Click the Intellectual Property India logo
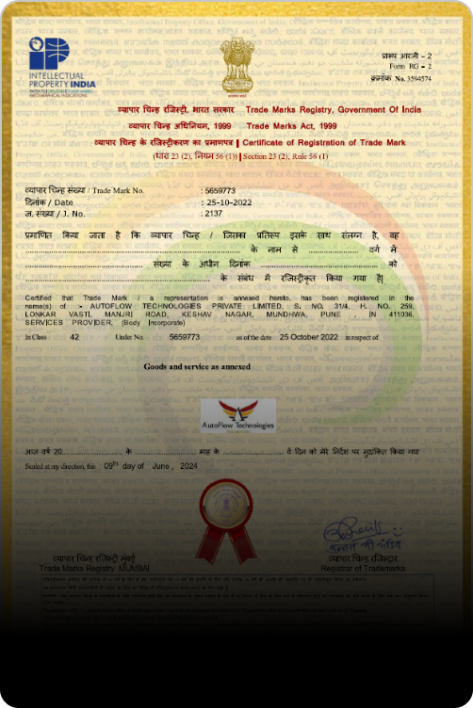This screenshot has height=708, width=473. click(61, 66)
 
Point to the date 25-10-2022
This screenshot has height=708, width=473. click(229, 201)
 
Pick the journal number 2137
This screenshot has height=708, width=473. click(214, 213)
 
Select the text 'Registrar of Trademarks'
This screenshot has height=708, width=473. click(363, 569)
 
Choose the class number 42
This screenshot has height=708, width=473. click(74, 336)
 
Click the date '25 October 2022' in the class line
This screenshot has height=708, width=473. click(302, 336)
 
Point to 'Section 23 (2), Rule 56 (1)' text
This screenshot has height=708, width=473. click(285, 155)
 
